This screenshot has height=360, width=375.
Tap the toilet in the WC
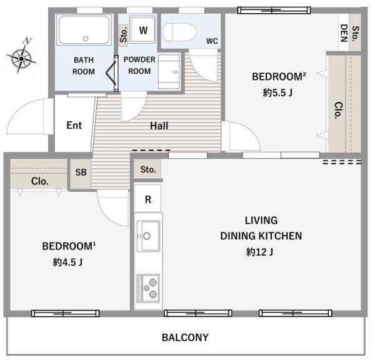coord(179,32)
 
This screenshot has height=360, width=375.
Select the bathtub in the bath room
coord(84,29)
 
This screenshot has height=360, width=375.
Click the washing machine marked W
coord(142,29)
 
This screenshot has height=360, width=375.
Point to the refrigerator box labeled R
coord(147,198)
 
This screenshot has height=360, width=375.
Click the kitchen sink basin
coord(148,236)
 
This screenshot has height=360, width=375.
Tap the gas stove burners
coord(148,288)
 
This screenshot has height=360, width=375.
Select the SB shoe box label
coord(81,172)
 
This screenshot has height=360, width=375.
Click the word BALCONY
coord(185,337)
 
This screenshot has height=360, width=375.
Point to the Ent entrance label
coord(74,126)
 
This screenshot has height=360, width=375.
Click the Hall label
coord(159,126)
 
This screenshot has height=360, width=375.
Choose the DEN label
coord(344,33)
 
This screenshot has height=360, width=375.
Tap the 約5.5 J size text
coord(277,92)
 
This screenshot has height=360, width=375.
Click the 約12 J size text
coord(260,252)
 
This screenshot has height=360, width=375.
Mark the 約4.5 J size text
coord(68,262)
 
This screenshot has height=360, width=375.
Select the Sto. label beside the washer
coord(123,35)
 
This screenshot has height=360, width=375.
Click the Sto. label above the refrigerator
coord(148,169)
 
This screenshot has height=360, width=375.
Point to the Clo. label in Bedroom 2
coord(339,110)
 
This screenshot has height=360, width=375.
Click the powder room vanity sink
coord(169,71)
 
